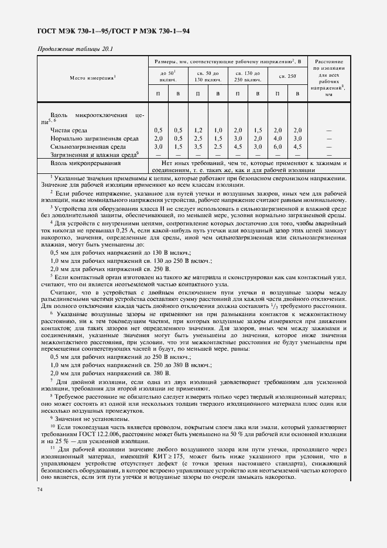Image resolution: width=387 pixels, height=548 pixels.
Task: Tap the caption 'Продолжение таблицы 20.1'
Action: (75, 49)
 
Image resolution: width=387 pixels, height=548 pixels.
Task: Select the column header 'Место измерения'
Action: (93, 77)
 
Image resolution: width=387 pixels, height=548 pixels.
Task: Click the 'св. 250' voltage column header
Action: (287, 76)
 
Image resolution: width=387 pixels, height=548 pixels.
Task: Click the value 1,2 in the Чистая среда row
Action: (198, 129)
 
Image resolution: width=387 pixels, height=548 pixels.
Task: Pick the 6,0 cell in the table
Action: (278, 146)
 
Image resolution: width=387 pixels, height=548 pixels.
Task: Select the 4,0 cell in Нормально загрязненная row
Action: (278, 138)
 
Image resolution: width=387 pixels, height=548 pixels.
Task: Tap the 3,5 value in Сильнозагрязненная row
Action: (198, 146)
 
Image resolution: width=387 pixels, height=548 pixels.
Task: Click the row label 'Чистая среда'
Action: (70, 129)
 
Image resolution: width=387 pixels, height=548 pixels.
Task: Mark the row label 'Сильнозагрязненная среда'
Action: (87, 146)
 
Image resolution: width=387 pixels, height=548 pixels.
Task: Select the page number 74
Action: (40, 489)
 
